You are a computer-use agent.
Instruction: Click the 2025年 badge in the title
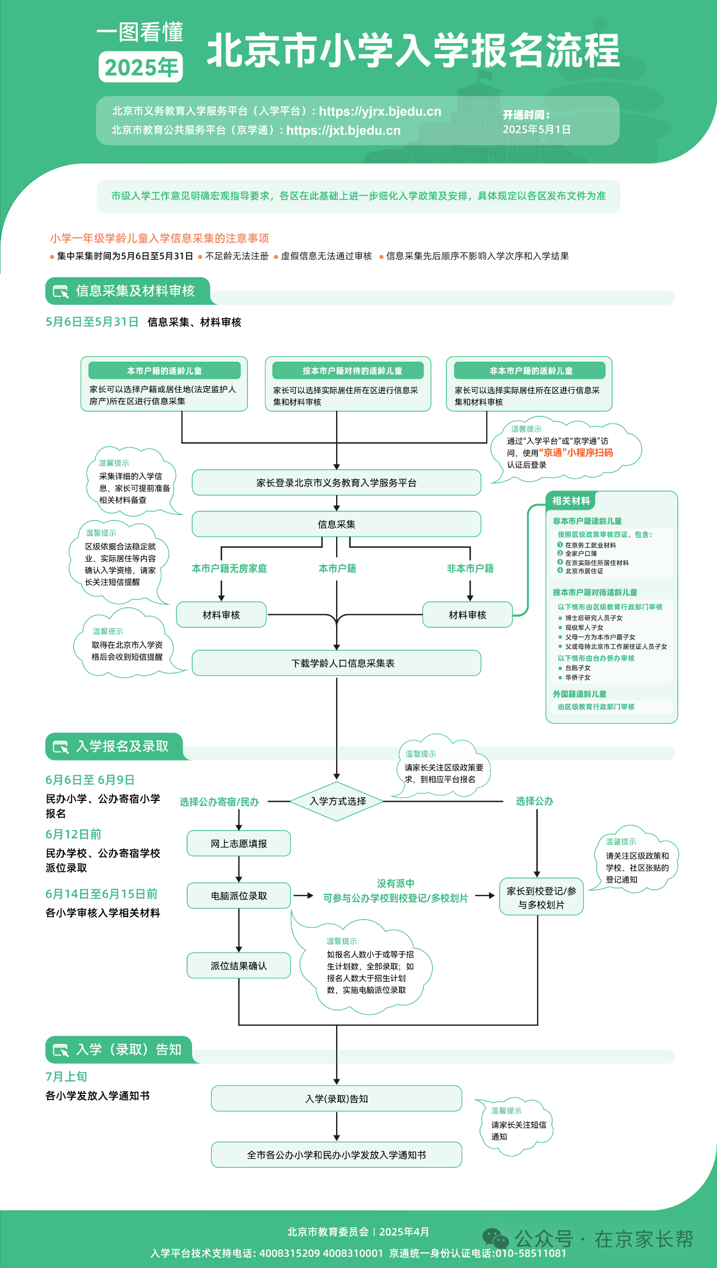tap(141, 67)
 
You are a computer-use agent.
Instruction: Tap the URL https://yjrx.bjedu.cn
tap(380, 111)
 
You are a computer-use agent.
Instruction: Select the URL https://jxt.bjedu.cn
tap(343, 130)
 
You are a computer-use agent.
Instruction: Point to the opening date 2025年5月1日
tap(537, 129)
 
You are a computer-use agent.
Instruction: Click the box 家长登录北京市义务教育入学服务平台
tap(337, 483)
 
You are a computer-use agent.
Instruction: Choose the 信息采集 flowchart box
tap(337, 524)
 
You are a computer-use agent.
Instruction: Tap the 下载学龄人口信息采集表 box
tap(337, 663)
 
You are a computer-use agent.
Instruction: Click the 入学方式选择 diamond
tap(337, 801)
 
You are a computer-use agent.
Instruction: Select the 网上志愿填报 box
tap(239, 843)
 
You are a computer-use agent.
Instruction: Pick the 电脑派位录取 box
tap(239, 896)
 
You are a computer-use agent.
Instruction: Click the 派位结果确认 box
tap(239, 966)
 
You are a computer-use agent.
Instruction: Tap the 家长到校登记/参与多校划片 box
tap(541, 897)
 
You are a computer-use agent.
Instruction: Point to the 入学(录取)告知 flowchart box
tap(337, 1099)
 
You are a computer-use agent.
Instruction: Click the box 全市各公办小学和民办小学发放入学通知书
tap(337, 1155)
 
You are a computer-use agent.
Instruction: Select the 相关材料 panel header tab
tap(571, 501)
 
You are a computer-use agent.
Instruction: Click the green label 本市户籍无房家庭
tap(229, 568)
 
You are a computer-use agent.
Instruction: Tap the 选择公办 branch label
tap(534, 801)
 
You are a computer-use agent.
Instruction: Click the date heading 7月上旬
tap(66, 1076)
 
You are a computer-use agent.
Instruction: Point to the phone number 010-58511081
tap(530, 1253)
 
